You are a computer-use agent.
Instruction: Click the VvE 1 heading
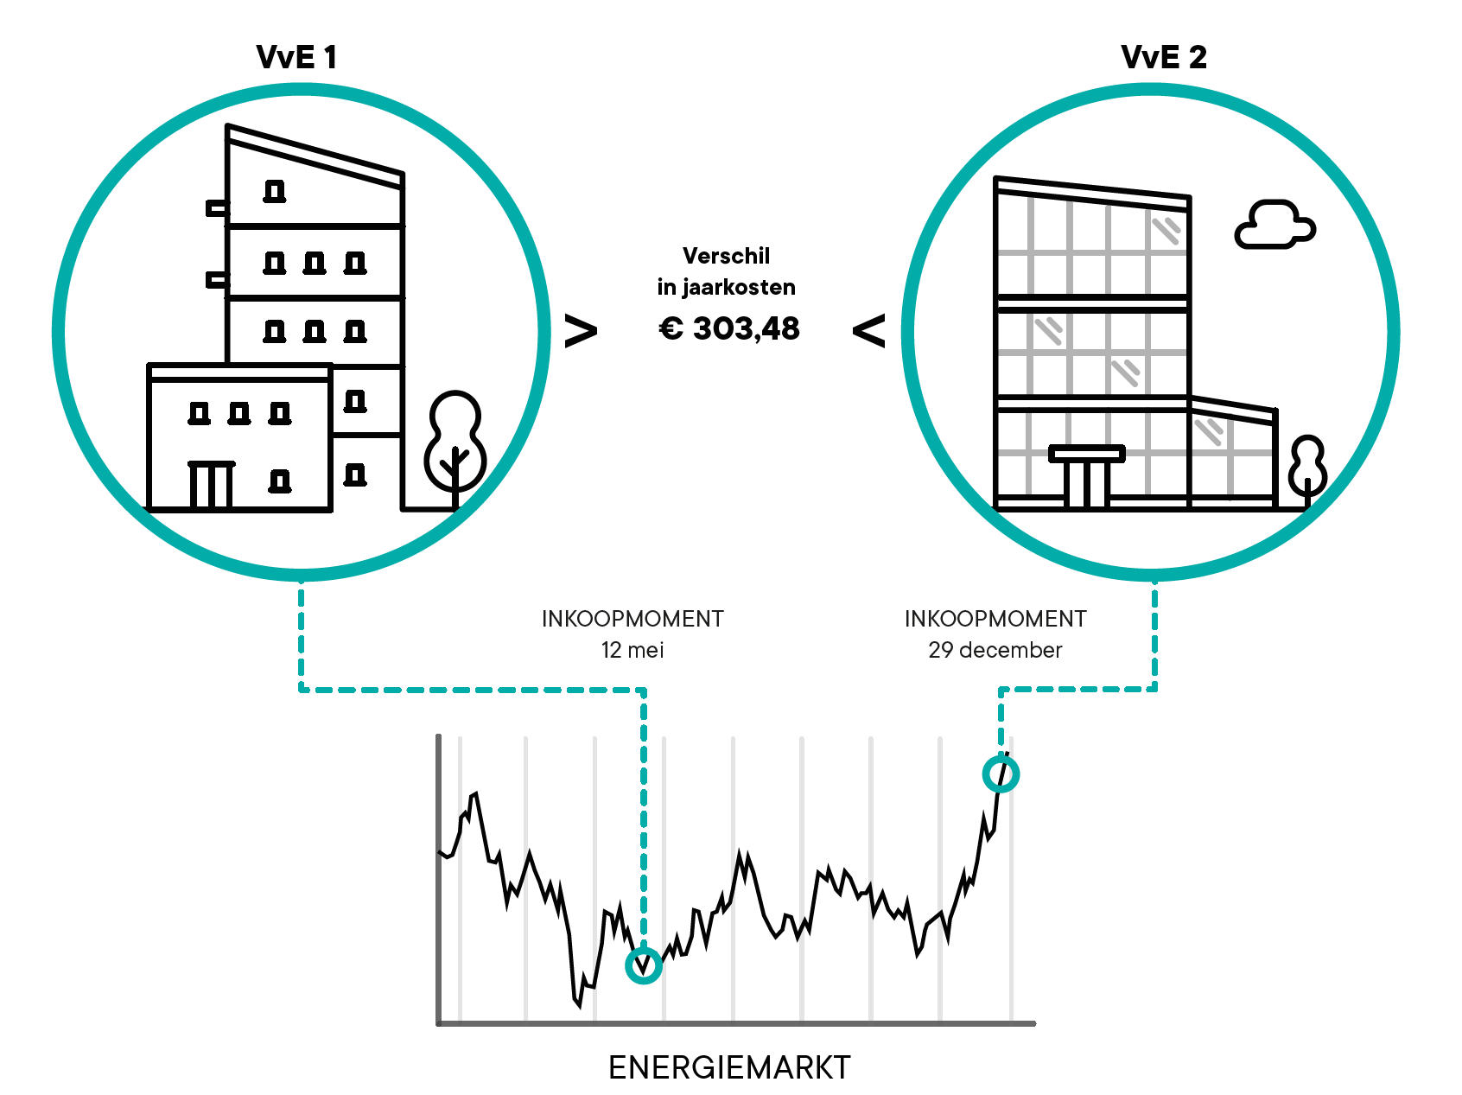[296, 57]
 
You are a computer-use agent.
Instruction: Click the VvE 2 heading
[1163, 57]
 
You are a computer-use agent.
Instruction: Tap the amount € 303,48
[729, 328]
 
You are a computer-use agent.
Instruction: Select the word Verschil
[726, 256]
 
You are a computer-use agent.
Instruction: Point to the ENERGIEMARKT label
[729, 1067]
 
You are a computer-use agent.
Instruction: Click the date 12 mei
[632, 650]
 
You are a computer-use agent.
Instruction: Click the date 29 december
[995, 650]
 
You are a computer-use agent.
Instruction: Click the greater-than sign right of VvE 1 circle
[581, 331]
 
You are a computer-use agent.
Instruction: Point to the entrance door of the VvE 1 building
[211, 486]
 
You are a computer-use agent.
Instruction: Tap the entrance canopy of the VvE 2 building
[1087, 454]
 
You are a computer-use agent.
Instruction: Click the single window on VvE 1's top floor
[275, 191]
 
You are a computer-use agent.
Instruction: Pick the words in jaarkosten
[726, 287]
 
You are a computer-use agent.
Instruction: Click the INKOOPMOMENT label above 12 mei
[632, 619]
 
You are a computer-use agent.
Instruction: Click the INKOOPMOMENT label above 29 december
[995, 619]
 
